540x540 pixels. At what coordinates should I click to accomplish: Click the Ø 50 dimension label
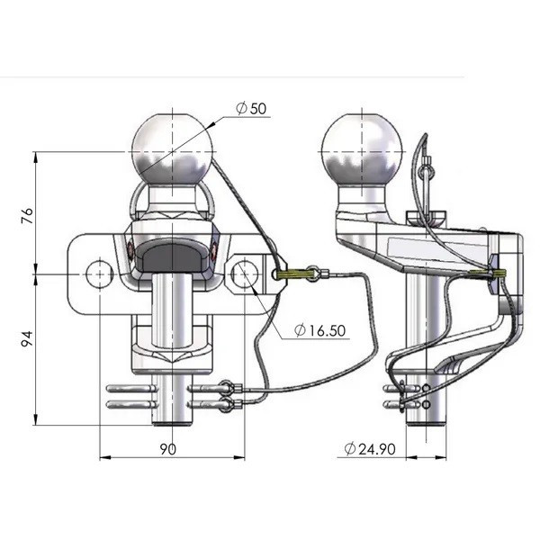point(251,109)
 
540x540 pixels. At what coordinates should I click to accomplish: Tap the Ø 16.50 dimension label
point(319,330)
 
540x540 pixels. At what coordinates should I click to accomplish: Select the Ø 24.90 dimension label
point(370,449)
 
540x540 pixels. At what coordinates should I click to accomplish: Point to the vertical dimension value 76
point(27,216)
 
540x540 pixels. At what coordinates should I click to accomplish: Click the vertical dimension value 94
point(27,338)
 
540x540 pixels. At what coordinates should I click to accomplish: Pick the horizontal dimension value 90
point(168,449)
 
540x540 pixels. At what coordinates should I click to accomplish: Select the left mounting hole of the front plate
point(100,274)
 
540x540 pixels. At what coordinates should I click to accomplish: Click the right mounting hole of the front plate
point(244,274)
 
